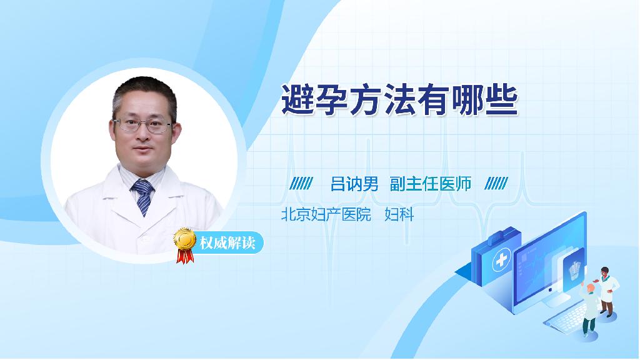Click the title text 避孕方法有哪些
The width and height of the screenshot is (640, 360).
click(x=399, y=99)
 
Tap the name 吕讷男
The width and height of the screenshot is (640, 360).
click(x=354, y=184)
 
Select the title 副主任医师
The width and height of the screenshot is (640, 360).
click(x=431, y=184)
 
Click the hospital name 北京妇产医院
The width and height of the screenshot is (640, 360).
click(x=326, y=214)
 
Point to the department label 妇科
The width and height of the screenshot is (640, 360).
click(x=399, y=214)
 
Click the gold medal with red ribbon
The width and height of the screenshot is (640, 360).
click(x=185, y=245)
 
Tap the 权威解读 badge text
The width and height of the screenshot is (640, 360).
click(x=227, y=243)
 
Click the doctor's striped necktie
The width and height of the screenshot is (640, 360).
click(x=142, y=197)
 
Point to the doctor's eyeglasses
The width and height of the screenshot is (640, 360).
click(x=144, y=125)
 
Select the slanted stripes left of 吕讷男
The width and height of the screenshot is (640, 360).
click(x=301, y=184)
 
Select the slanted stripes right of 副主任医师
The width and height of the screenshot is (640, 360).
click(x=496, y=184)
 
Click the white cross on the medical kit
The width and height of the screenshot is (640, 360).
click(x=501, y=260)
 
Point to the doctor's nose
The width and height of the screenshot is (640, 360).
click(x=143, y=135)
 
